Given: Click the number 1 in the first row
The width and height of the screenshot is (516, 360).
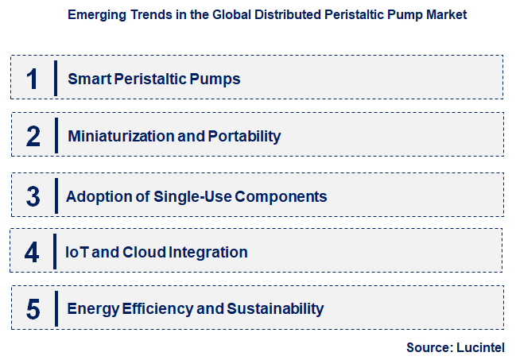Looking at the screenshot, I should (33, 79).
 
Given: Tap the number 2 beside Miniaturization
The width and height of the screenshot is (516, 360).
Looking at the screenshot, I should (33, 136).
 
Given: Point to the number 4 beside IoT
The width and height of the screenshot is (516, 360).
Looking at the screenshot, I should (32, 253).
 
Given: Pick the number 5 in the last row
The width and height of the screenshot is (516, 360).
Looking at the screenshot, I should (33, 309).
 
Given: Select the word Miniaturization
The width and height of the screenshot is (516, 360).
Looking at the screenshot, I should (121, 136).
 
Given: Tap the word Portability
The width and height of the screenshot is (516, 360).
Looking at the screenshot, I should (244, 136).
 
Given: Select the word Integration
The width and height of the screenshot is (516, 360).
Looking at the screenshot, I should (208, 253).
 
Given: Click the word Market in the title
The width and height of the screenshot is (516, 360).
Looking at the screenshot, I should (445, 14).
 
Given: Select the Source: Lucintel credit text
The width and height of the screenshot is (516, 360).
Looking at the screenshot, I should (455, 347).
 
